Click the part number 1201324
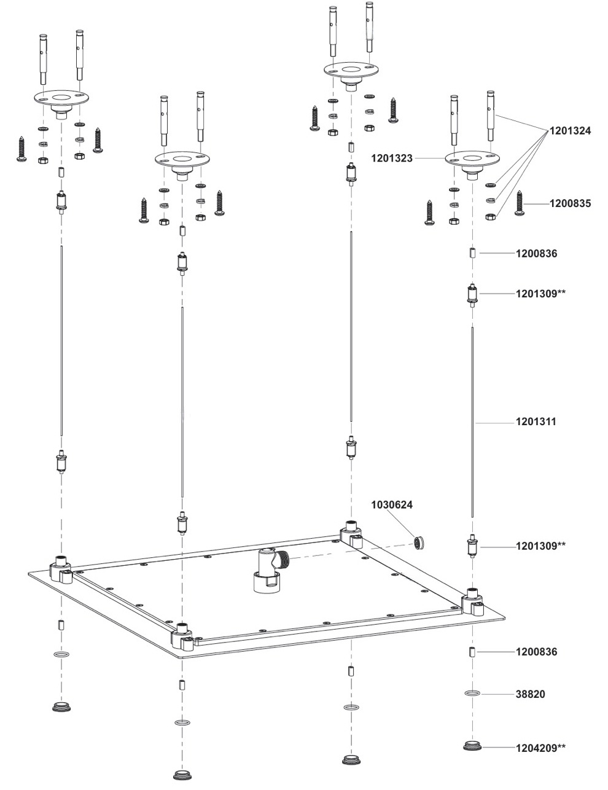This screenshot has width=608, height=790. click(x=570, y=130)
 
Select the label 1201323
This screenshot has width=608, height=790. click(x=391, y=158)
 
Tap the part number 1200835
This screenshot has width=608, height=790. click(x=570, y=203)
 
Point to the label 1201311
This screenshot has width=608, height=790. click(x=536, y=422)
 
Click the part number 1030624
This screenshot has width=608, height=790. click(x=392, y=505)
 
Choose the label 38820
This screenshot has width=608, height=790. click(x=529, y=694)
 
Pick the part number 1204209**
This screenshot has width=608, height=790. click(x=540, y=748)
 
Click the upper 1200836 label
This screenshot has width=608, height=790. click(x=536, y=253)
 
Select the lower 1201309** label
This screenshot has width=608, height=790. click(x=540, y=546)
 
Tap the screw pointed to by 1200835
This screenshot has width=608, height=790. click(x=521, y=203)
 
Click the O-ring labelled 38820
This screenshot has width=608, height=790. click(x=472, y=694)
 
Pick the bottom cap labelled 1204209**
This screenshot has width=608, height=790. click(x=472, y=747)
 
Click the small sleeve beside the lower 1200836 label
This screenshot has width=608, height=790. click(x=472, y=651)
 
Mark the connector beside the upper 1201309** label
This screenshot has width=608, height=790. click(x=472, y=295)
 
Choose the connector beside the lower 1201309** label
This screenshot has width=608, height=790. click(x=472, y=546)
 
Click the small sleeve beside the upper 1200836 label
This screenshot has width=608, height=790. click(x=472, y=252)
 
